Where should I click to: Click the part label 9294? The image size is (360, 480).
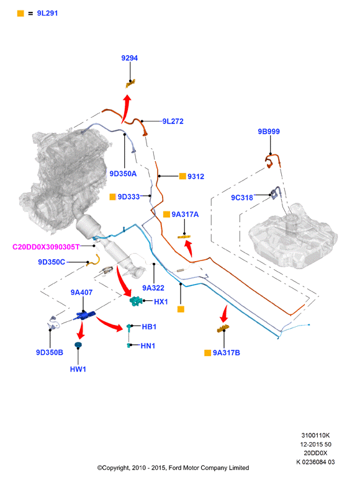click(129, 58)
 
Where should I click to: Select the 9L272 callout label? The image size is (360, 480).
click(173, 121)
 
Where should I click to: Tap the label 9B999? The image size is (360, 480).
click(269, 131)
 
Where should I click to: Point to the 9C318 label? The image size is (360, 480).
click(242, 198)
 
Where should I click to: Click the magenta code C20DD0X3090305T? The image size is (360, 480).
click(46, 247)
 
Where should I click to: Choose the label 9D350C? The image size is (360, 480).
click(52, 262)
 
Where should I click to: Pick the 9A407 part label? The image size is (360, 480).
click(81, 292)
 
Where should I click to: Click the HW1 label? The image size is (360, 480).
click(78, 369)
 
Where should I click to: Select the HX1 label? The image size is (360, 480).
click(161, 301)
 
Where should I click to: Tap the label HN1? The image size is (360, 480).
click(148, 345)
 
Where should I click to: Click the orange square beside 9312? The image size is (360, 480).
click(182, 176)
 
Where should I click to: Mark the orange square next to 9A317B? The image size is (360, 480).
click(207, 353)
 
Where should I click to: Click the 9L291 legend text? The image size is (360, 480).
click(47, 13)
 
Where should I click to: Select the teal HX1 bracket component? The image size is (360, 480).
click(137, 301)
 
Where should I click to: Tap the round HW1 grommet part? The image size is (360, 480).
click(78, 345)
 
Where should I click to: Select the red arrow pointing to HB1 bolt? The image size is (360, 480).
click(109, 324)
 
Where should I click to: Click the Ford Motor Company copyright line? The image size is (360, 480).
click(173, 468)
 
